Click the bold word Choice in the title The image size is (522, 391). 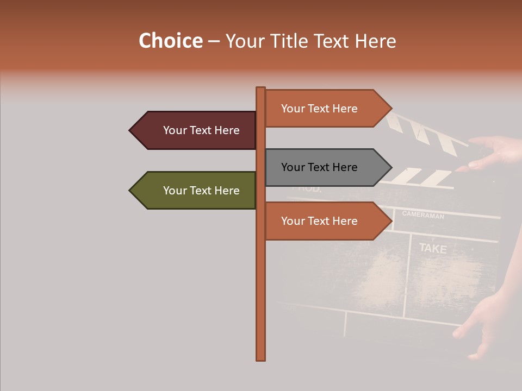pyautogui.click(x=170, y=41)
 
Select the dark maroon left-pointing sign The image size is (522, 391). pyautogui.click(x=196, y=130)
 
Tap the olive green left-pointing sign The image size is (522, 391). pyautogui.click(x=196, y=191)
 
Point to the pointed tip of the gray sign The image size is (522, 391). pyautogui.click(x=390, y=167)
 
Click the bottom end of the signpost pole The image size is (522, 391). pyautogui.click(x=261, y=358)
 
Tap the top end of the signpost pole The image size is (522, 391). pyautogui.click(x=261, y=89)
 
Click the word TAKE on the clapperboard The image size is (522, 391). pyautogui.click(x=433, y=249)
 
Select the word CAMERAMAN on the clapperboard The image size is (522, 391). pyautogui.click(x=423, y=215)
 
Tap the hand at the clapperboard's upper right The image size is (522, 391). pyautogui.click(x=492, y=152)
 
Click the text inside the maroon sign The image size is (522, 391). pyautogui.click(x=201, y=130)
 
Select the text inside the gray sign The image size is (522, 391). pyautogui.click(x=319, y=167)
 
